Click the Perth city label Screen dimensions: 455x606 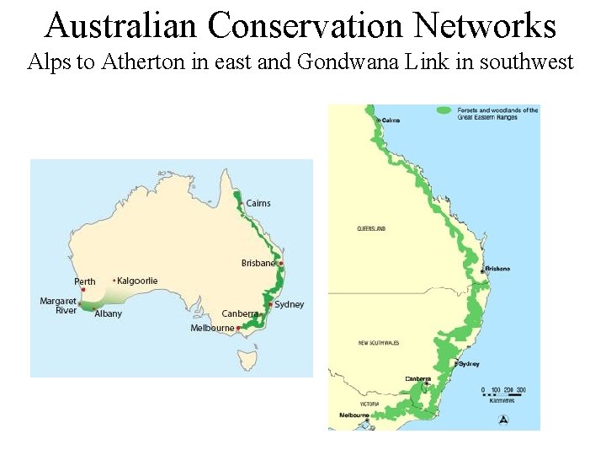click(x=85, y=281)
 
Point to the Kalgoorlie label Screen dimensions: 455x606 click(x=137, y=281)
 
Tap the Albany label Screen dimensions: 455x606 click(x=108, y=313)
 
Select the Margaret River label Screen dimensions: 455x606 click(x=58, y=306)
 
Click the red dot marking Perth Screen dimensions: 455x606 click(x=83, y=290)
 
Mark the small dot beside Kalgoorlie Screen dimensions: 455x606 click(x=114, y=280)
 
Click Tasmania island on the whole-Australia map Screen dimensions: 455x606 click(x=246, y=361)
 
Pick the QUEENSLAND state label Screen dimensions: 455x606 click(x=371, y=228)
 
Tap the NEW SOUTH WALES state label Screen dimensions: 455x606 click(x=378, y=344)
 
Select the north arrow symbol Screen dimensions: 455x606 click(x=503, y=419)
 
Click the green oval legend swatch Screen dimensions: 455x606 click(x=444, y=110)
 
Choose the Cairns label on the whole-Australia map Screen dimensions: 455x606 click(x=258, y=203)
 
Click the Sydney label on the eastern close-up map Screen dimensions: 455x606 click(x=469, y=364)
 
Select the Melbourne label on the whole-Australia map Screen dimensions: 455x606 click(x=212, y=328)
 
